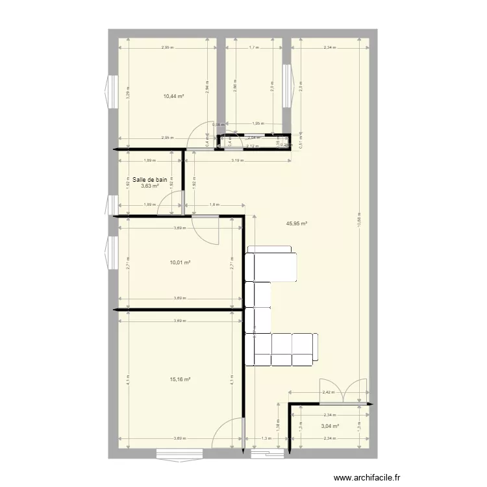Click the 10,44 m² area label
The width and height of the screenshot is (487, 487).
click(174, 96)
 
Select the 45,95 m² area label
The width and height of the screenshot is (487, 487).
click(297, 223)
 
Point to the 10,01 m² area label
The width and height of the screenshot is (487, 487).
click(180, 263)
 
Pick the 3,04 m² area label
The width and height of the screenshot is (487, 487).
click(330, 427)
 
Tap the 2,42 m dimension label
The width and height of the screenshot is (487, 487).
click(329, 392)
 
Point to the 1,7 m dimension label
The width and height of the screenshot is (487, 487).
click(253, 48)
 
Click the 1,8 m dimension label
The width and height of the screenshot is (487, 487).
click(214, 206)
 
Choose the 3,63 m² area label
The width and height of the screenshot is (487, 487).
click(150, 186)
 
